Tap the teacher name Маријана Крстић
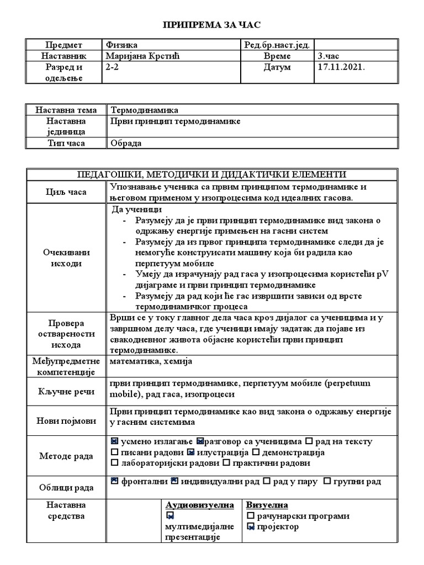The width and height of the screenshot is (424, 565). [142, 56]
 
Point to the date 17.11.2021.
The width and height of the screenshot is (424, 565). [342, 67]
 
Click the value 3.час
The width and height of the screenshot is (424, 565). [330, 56]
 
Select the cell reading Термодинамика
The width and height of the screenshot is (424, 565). [145, 110]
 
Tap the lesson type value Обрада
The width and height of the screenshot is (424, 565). [126, 143]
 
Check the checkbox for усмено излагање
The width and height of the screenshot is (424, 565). [114, 441]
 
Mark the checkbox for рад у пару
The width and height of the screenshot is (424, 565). [267, 481]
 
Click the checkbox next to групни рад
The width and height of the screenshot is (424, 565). [327, 481]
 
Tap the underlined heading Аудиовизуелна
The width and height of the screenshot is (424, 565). [200, 505]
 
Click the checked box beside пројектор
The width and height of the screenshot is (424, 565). [251, 527]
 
